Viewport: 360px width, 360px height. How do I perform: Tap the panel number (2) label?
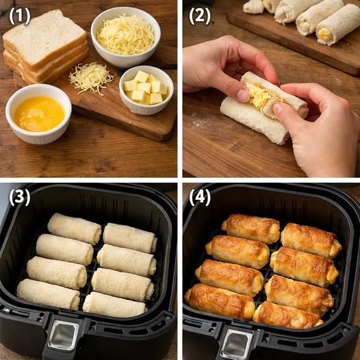click(198, 16)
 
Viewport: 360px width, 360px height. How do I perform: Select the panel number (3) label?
click(19, 197)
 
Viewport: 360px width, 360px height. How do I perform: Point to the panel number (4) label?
click(200, 197)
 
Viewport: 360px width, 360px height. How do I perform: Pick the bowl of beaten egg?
click(38, 113)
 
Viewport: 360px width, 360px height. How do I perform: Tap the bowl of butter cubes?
click(146, 89)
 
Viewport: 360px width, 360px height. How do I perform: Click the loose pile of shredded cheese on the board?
click(90, 77)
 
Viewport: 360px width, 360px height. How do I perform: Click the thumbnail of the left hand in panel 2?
click(244, 94)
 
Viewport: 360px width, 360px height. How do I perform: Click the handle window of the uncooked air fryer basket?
click(64, 335)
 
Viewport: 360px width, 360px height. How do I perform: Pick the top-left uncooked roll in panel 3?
click(74, 228)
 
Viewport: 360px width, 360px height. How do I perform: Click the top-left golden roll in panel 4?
click(250, 228)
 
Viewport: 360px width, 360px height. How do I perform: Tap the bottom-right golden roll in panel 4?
click(287, 315)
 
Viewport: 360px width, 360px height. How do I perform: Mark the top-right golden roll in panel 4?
click(311, 240)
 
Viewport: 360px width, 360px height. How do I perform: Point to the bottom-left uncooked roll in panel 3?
click(48, 294)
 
